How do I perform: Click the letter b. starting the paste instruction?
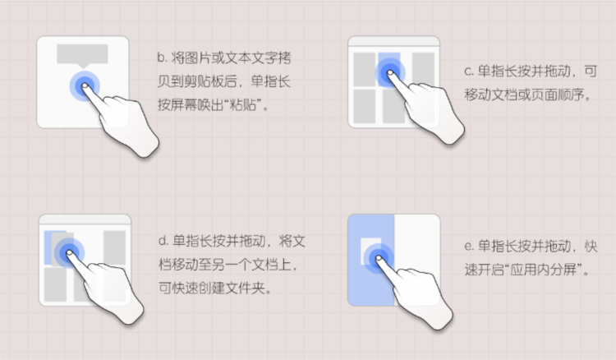[163, 58]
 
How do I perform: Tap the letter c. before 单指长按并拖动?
[469, 72]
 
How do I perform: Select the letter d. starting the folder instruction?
[163, 241]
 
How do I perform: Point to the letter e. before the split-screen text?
[469, 247]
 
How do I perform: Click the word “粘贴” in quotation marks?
[243, 105]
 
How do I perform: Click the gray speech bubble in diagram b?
[82, 55]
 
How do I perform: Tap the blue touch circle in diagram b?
[85, 85]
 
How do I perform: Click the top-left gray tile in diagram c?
[365, 69]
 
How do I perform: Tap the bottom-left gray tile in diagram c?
[365, 106]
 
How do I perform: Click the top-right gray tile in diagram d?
[114, 247]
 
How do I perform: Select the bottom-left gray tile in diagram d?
[55, 284]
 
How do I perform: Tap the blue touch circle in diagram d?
[69, 252]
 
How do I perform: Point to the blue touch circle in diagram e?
[379, 258]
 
